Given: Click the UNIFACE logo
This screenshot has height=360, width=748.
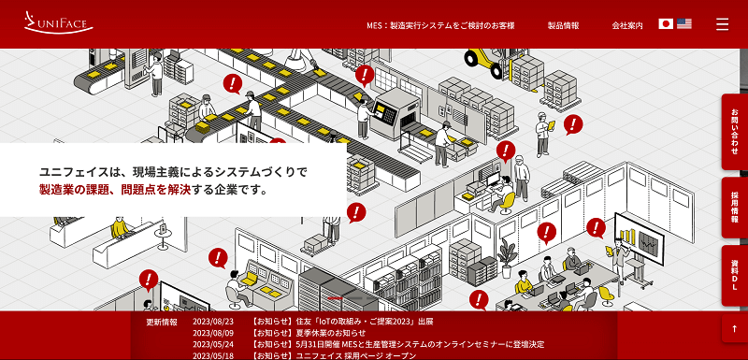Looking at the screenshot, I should coord(59,22).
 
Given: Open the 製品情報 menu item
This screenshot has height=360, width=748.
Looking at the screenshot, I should coord(563,25).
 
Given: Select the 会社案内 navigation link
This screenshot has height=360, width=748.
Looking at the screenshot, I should coord(627,25).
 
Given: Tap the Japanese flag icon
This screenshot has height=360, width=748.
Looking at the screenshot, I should coord(666,24).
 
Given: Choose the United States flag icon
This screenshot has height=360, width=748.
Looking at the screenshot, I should coord(684,24).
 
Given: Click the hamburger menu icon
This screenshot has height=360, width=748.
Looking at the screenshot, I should coord(722,24).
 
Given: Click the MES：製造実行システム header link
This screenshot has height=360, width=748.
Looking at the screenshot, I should coord(440,25).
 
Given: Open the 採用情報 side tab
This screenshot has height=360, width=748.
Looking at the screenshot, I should coord(735,207).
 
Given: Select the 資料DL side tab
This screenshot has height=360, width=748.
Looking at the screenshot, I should coord(735,275).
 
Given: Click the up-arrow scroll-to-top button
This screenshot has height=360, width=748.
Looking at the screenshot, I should coord(735,328).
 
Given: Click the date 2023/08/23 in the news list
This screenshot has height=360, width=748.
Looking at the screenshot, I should coord(212,322).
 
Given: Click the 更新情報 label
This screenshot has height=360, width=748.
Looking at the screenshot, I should coord(162,322).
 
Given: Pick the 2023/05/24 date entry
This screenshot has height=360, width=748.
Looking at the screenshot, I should coord(212,344).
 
